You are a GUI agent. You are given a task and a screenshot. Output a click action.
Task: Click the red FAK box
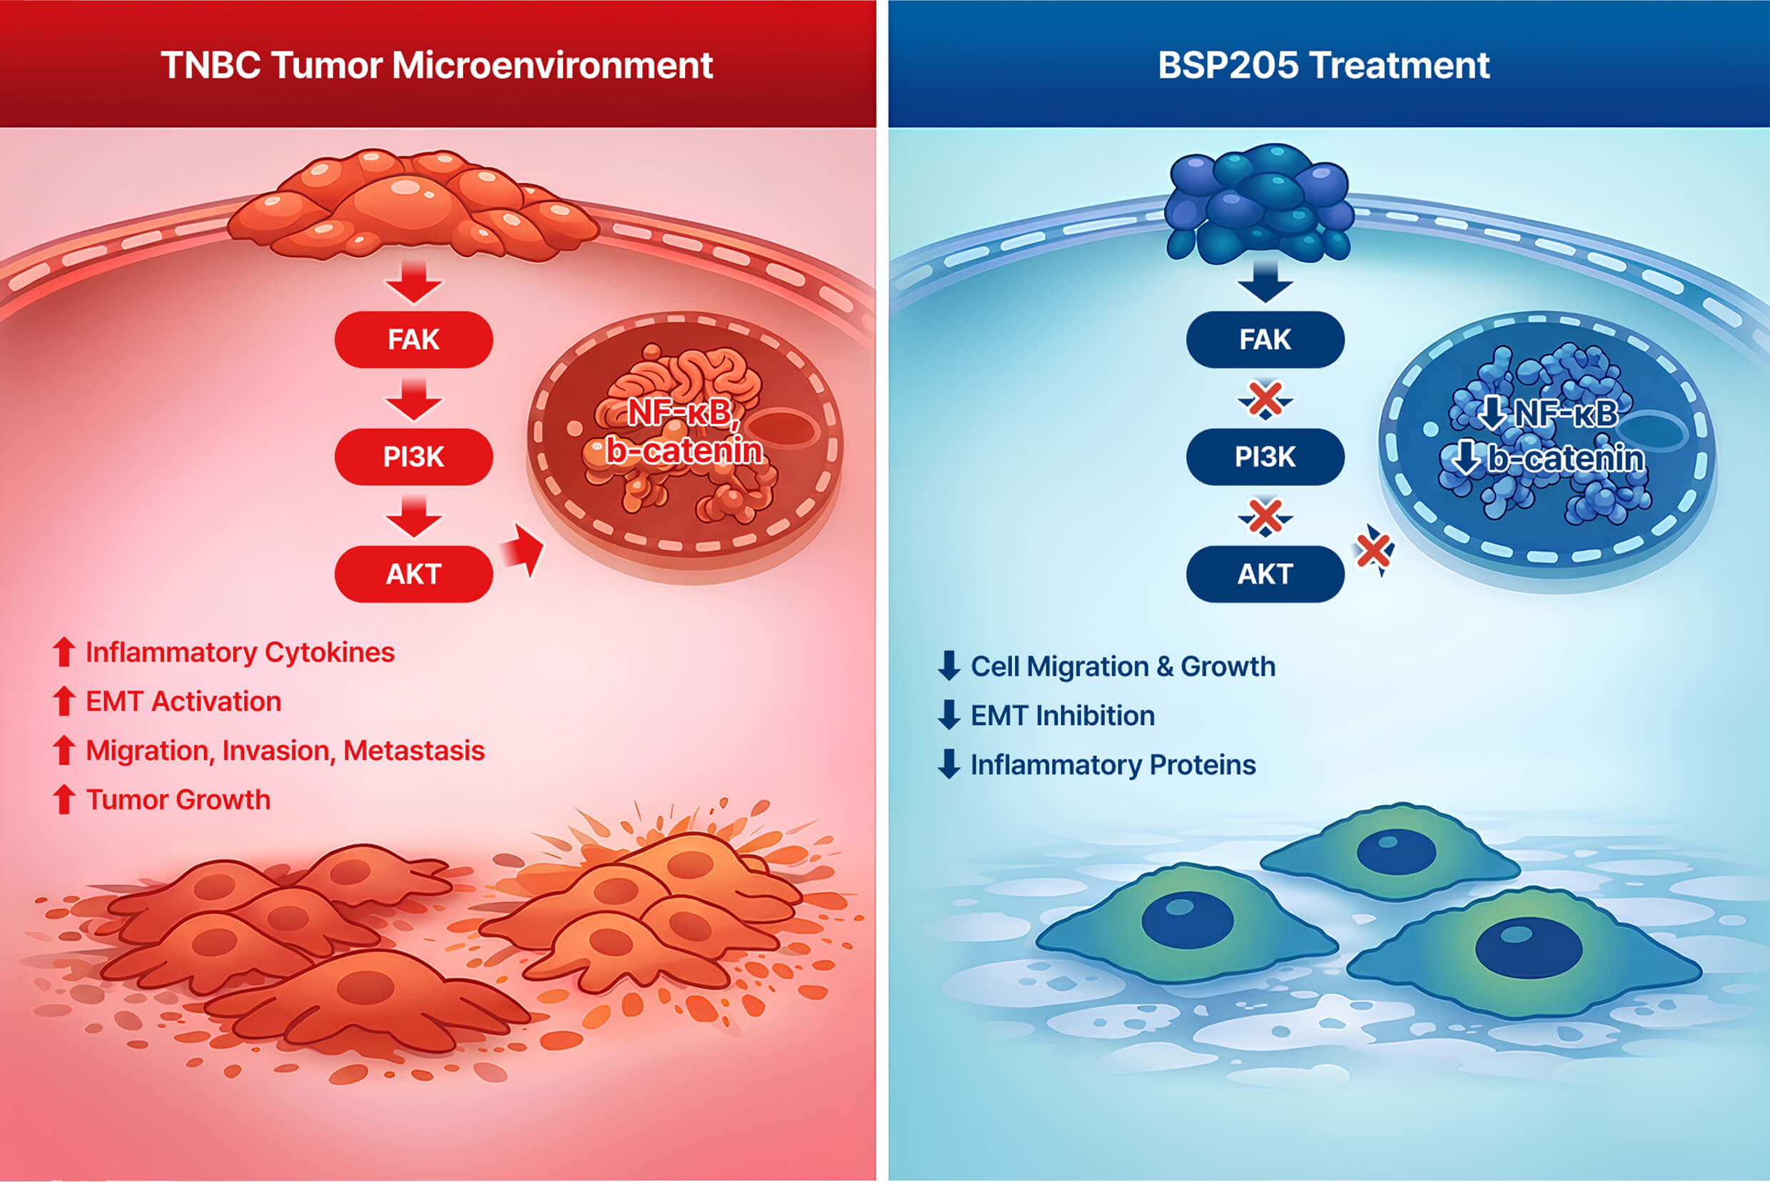pyautogui.click(x=413, y=339)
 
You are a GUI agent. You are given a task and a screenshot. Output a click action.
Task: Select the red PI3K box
pyautogui.click(x=413, y=457)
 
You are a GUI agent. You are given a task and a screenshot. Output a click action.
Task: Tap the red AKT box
pyautogui.click(x=413, y=574)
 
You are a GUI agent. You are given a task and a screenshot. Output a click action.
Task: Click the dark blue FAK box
pyautogui.click(x=1265, y=339)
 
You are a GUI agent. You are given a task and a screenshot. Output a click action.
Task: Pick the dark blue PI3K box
pyautogui.click(x=1265, y=457)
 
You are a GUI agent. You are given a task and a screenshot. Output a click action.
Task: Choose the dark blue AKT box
pyautogui.click(x=1265, y=574)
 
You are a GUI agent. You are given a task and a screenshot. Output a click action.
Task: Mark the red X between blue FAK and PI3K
pyautogui.click(x=1265, y=400)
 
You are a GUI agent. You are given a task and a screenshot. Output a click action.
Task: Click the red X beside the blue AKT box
pyautogui.click(x=1373, y=550)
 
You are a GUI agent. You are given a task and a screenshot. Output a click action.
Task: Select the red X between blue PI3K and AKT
pyautogui.click(x=1265, y=517)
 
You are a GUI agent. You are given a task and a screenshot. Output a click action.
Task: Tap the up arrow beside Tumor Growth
pyautogui.click(x=64, y=799)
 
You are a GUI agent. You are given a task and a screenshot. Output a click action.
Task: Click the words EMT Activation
pyautogui.click(x=183, y=701)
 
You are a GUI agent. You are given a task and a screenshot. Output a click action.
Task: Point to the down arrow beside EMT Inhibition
pyautogui.click(x=949, y=714)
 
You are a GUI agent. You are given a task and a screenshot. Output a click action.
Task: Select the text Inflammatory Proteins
pyautogui.click(x=1113, y=764)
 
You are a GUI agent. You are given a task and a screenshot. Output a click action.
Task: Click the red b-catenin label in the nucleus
pyautogui.click(x=684, y=451)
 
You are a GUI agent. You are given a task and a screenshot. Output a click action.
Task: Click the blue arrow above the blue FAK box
pyautogui.click(x=1265, y=282)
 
